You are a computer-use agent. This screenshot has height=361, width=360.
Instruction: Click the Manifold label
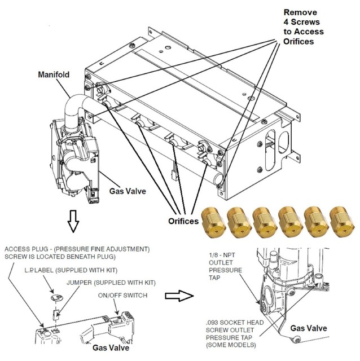(x=55, y=74)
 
